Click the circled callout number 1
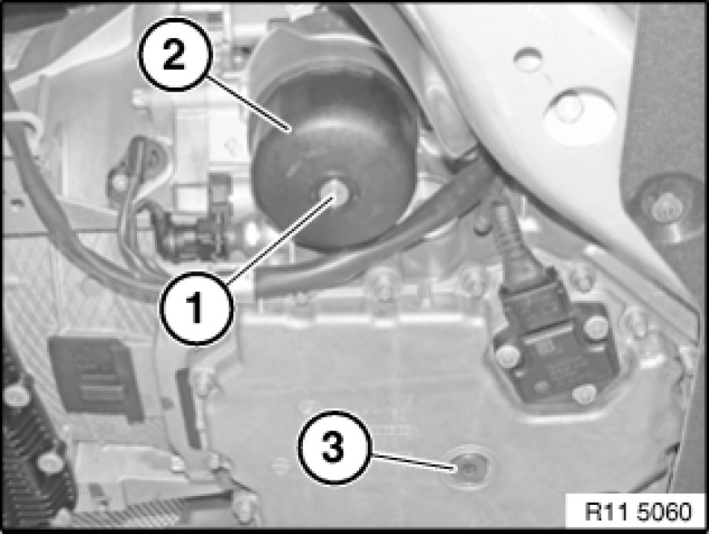point(196,309)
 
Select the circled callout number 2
point(174,55)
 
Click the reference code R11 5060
point(639,512)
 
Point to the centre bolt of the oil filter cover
point(335,192)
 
